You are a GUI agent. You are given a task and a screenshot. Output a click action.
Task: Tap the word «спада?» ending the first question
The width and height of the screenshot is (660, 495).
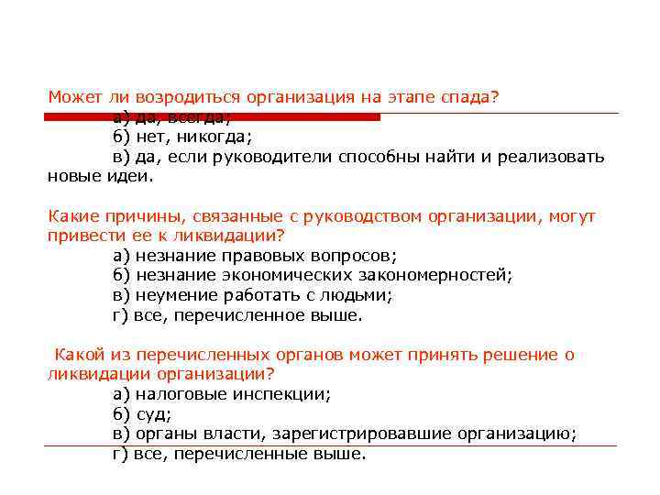point(468,98)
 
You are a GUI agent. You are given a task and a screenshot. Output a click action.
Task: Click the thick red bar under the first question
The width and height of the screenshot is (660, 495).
point(212,117)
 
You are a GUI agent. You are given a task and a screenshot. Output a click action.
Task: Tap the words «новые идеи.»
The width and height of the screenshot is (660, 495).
point(101,176)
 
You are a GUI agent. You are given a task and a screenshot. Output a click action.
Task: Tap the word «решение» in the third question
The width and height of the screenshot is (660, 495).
point(515,355)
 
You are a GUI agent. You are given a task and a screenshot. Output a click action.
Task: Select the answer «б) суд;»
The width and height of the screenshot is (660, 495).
point(143,414)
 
